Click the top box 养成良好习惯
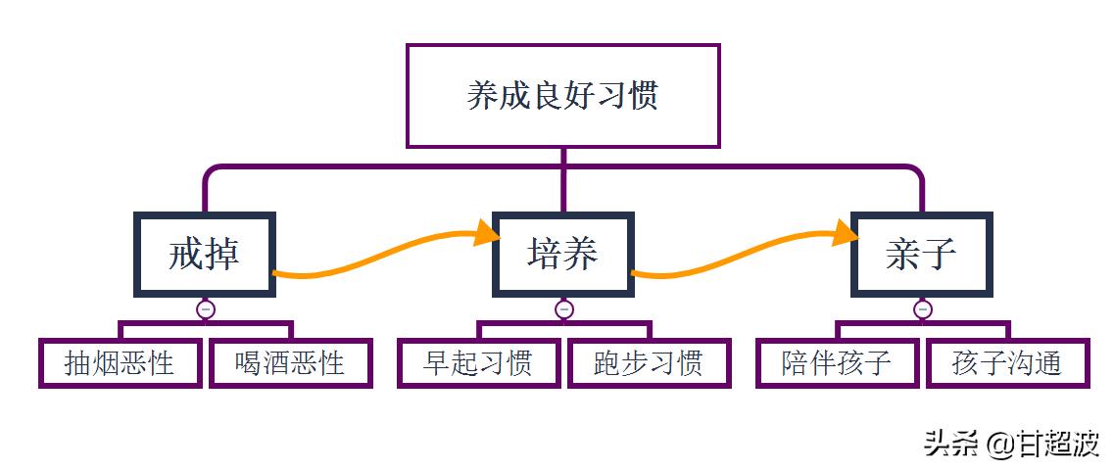click(x=562, y=95)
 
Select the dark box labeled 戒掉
click(x=204, y=254)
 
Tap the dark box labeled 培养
click(x=562, y=254)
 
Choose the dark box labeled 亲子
click(x=921, y=254)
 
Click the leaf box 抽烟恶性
click(x=120, y=363)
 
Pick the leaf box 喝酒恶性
click(x=290, y=363)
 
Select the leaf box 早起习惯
click(x=478, y=363)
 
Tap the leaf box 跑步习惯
click(x=649, y=363)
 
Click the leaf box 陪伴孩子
click(x=837, y=363)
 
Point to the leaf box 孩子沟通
click(x=1007, y=363)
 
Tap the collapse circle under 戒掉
click(x=205, y=309)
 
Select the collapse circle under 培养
click(x=563, y=309)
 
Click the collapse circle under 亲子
click(x=922, y=309)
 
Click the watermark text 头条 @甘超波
click(x=1011, y=444)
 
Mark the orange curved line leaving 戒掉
click(x=372, y=257)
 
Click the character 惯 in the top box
click(x=642, y=95)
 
